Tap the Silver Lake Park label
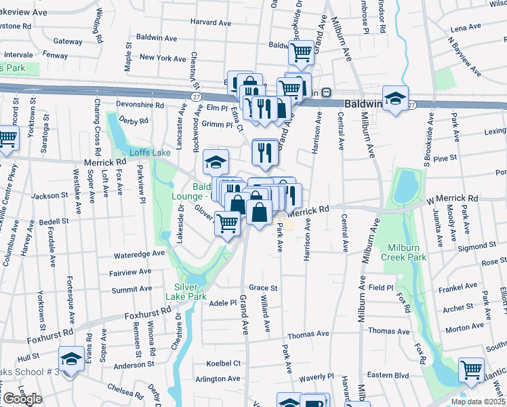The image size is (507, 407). coord(186,292)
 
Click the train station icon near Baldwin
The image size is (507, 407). coord(326,92)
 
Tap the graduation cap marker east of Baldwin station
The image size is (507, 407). coord(395,98)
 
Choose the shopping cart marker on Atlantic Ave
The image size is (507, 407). coord(472,370)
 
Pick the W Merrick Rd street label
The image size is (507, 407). coord(452,199)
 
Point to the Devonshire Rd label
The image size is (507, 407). coord(141,105)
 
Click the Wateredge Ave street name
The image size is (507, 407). coord(140,253)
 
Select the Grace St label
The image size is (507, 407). coord(264,288)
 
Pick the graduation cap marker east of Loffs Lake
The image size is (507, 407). coord(216,163)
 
